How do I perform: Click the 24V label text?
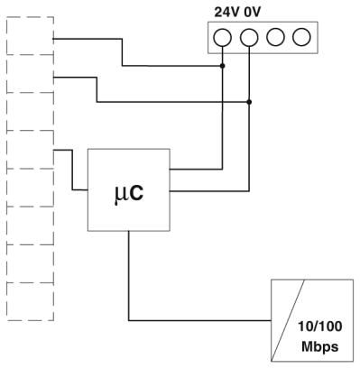pyautogui.click(x=227, y=13)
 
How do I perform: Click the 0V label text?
pyautogui.click(x=252, y=13)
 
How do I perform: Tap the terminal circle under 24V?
pyautogui.click(x=223, y=37)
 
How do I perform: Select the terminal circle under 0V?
pyautogui.click(x=249, y=37)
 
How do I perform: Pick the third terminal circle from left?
pyautogui.click(x=275, y=37)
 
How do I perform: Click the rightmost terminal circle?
pyautogui.click(x=301, y=37)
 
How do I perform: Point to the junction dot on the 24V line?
pyautogui.click(x=223, y=66)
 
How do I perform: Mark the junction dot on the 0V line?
pyautogui.click(x=249, y=102)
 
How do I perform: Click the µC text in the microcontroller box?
pyautogui.click(x=129, y=193)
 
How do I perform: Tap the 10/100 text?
pyautogui.click(x=320, y=327)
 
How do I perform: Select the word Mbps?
pyautogui.click(x=320, y=346)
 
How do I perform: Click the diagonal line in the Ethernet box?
pyautogui.click(x=288, y=320)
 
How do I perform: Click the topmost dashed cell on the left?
pyautogui.click(x=30, y=36)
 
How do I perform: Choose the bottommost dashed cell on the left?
pyautogui.click(x=30, y=302)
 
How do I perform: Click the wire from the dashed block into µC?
pyautogui.click(x=72, y=170)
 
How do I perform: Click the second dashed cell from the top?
pyautogui.click(x=30, y=74)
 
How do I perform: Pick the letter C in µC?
pyautogui.click(x=137, y=193)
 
